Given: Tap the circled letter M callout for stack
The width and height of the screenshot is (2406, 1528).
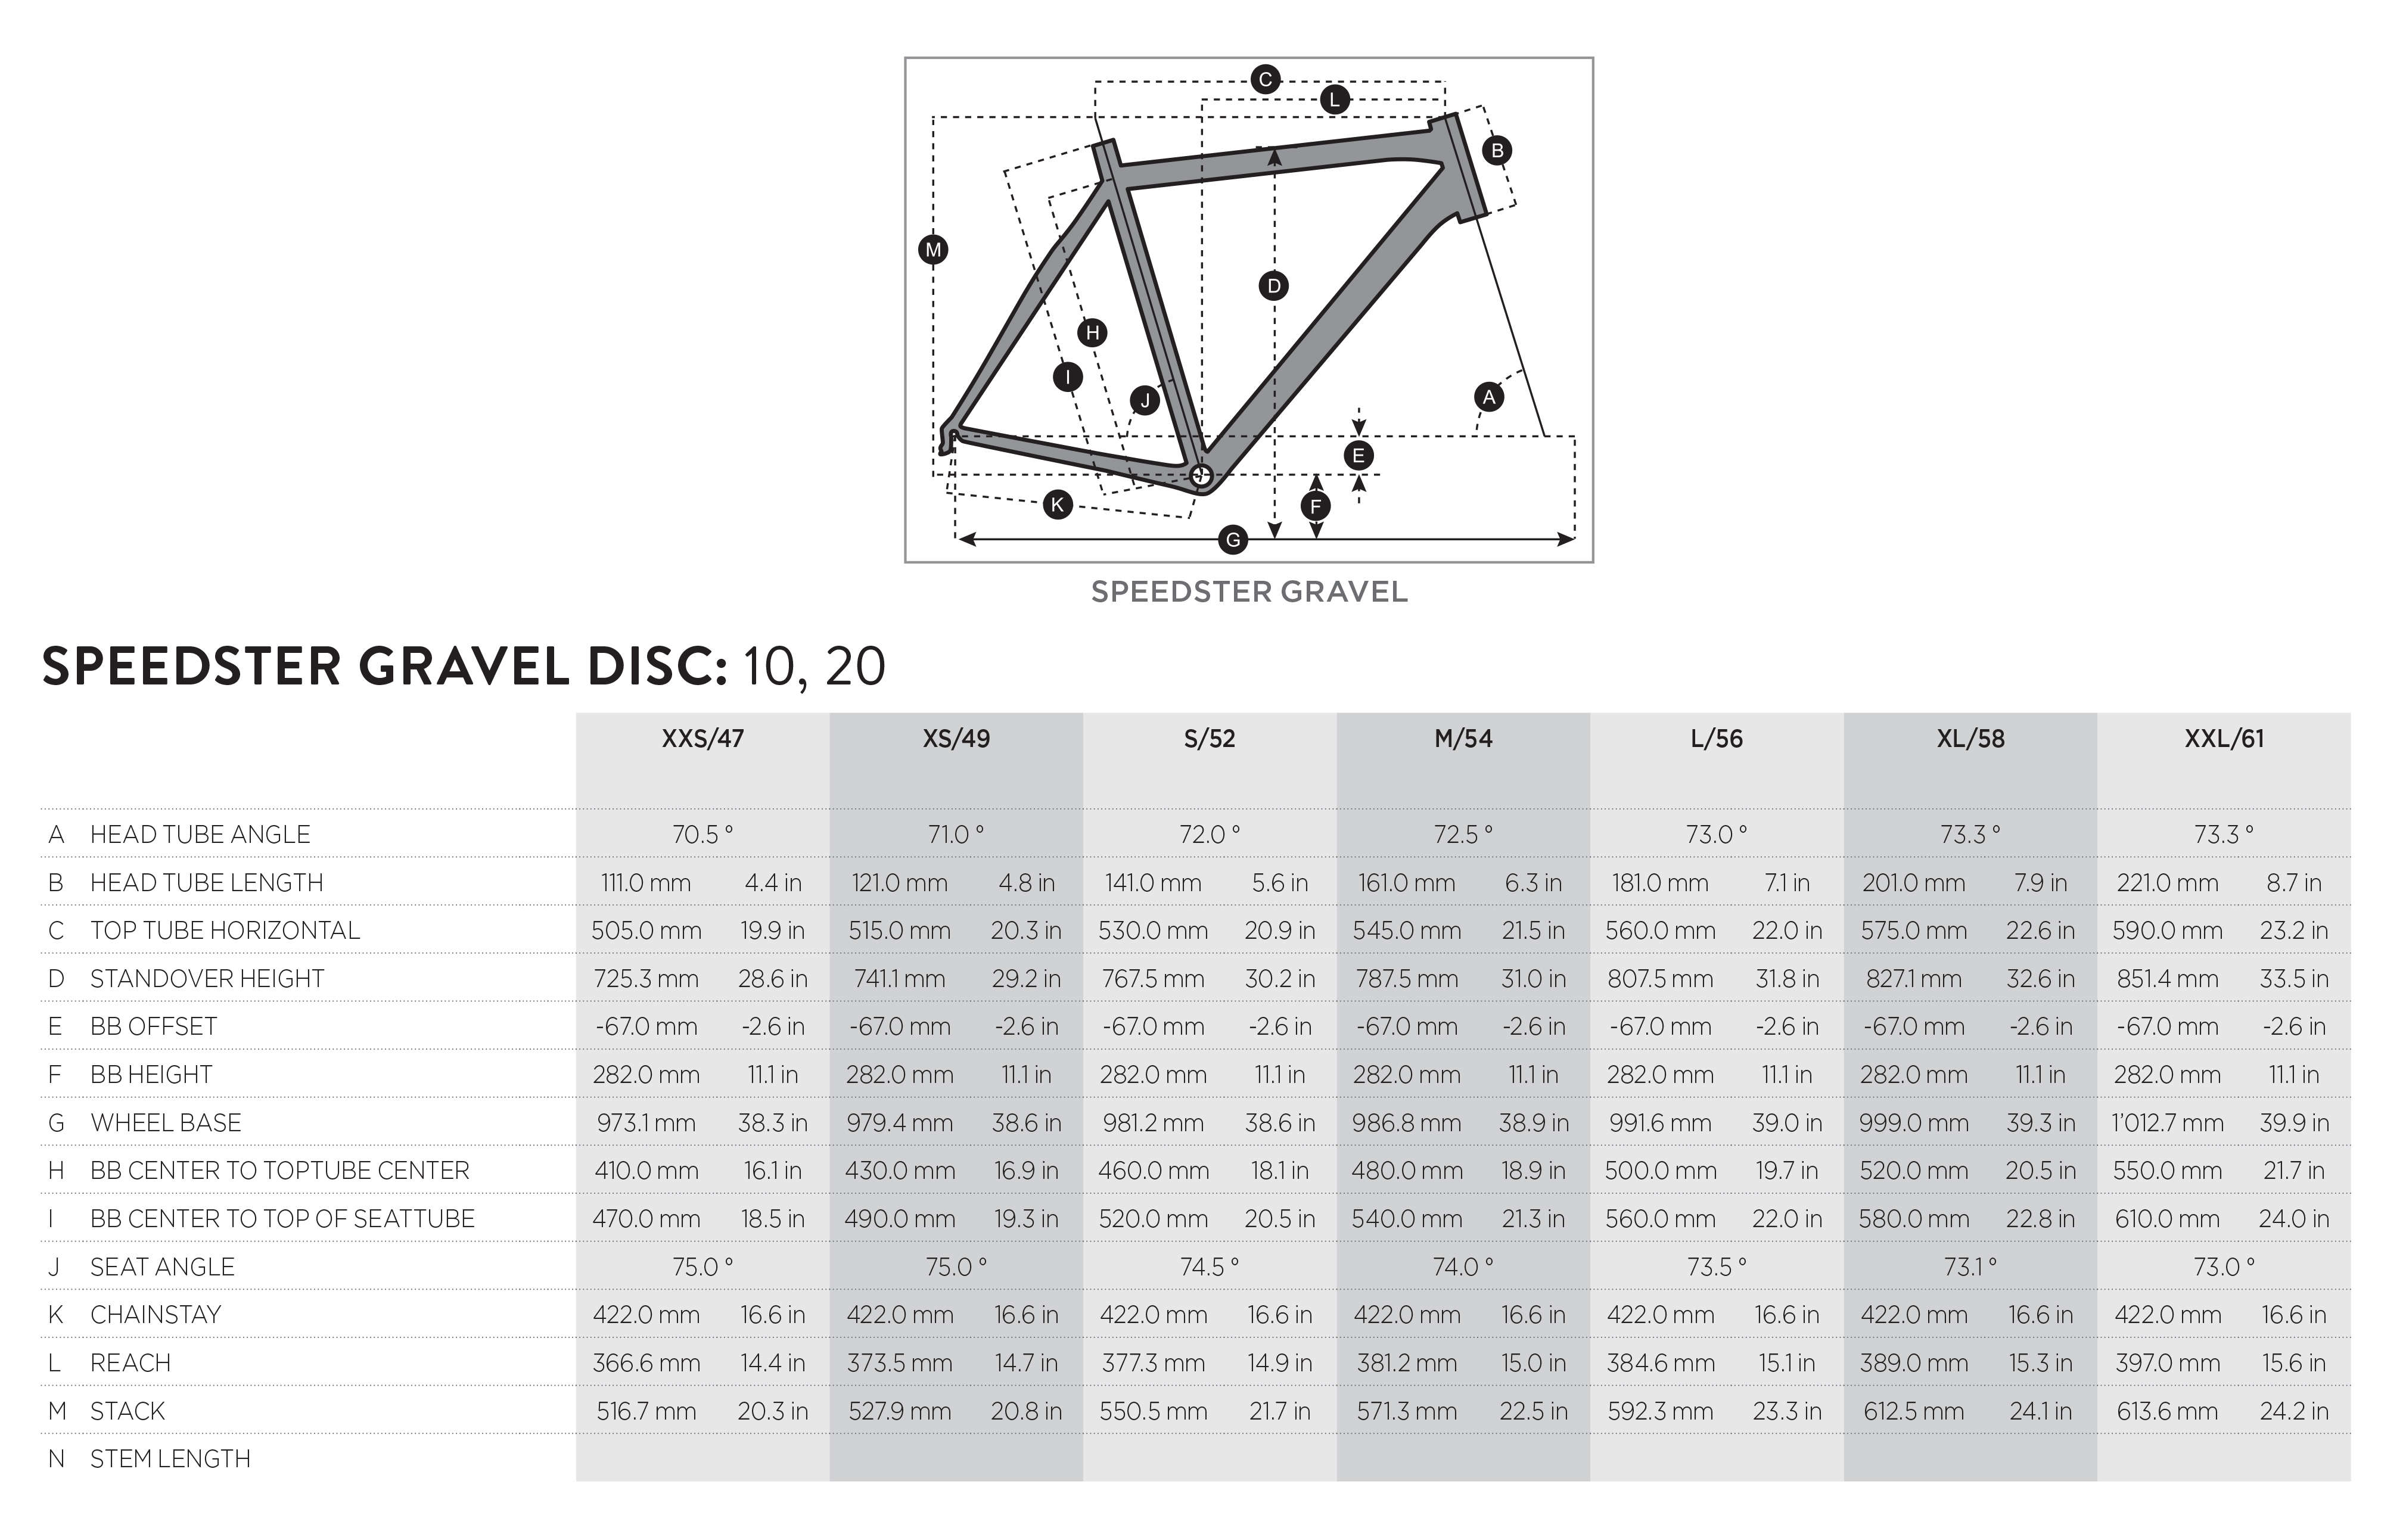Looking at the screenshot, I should pos(933,250).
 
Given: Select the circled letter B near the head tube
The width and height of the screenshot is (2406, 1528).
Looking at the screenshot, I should pos(1497,151).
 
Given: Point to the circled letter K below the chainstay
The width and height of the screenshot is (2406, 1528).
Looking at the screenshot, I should pos(1057,505).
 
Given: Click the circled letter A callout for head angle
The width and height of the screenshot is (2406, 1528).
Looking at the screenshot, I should pos(1489,397).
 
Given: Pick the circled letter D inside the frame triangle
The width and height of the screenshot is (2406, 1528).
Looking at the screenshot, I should pos(1274,287).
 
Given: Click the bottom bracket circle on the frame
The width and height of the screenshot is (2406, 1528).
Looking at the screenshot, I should pos(1202,475).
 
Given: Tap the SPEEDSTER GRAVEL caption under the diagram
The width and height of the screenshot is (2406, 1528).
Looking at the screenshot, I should pos(1249,592).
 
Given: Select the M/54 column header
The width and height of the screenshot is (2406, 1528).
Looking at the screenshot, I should pos(1463,739).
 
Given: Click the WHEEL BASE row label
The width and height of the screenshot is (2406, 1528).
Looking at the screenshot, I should pos(166,1122).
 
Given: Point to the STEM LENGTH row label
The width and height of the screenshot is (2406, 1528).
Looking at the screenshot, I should pos(170,1459).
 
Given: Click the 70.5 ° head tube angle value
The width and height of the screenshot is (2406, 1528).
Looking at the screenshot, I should pos(702,834).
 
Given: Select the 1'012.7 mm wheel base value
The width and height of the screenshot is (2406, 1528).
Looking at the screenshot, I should pos(2167,1122).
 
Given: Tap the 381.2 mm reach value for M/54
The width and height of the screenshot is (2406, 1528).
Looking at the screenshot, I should pos(1407,1363).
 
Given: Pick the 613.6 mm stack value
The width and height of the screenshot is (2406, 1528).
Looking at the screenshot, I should pos(2167,1411).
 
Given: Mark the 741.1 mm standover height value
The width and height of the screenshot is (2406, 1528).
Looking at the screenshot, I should pos(899,979).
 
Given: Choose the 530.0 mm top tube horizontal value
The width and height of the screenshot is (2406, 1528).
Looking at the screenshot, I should pos(1153,931).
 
